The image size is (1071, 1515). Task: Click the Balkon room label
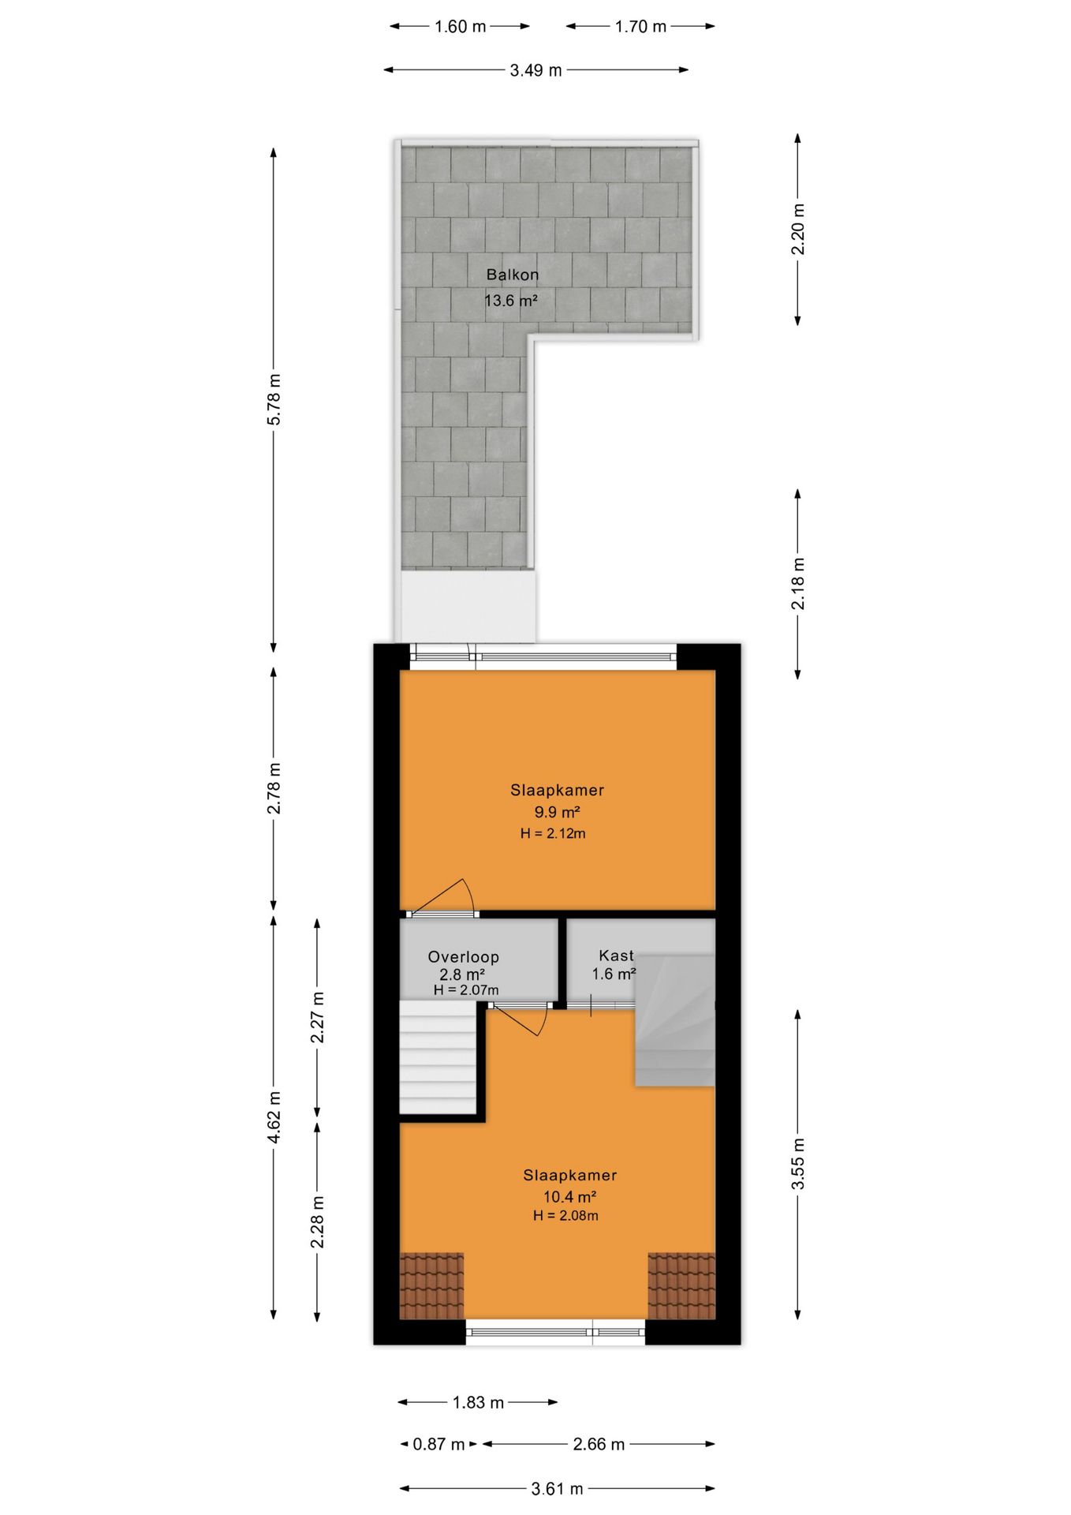point(512,275)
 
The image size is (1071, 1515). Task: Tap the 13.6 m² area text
point(510,301)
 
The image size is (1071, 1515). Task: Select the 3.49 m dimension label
point(535,70)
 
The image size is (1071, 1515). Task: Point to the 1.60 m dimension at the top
point(460,27)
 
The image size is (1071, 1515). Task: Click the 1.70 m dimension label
point(640,27)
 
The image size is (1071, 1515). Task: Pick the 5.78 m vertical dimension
point(274,399)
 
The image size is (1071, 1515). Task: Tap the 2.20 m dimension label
point(798,230)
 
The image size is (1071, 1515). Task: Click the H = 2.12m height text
point(553,833)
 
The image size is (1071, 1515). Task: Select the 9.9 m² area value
point(557,812)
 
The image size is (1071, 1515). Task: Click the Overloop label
point(463,956)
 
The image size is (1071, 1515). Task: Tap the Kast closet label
point(616,955)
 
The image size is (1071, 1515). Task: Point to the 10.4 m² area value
point(569,1197)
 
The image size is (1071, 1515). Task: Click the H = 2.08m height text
point(565,1216)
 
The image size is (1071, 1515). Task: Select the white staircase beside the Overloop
point(437,1057)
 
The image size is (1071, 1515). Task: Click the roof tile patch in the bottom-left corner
point(431,1286)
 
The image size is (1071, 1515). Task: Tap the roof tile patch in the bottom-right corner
point(681,1286)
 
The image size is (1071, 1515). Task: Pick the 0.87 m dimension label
point(438,1444)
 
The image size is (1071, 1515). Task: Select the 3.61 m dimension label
point(557,1489)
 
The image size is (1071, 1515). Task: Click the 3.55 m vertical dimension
point(798,1163)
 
